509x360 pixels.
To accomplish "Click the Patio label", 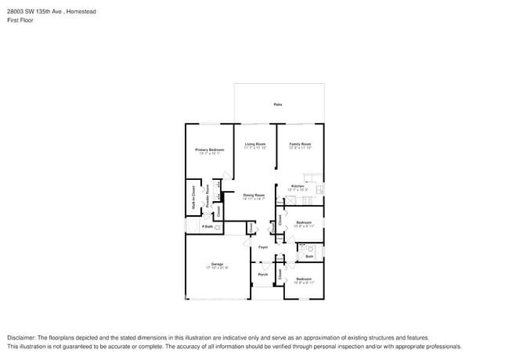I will click(277, 104).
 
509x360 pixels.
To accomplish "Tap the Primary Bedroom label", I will click(210, 149).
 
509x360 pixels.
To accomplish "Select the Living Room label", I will click(255, 144).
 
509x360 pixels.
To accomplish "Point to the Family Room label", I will click(301, 144).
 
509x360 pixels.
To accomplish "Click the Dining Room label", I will click(254, 195).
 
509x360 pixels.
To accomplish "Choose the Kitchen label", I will click(298, 185).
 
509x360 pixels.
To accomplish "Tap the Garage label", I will click(217, 264).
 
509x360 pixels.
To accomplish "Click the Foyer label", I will click(263, 247).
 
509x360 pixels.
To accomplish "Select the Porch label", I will click(263, 274).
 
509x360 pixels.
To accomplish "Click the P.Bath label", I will click(208, 227).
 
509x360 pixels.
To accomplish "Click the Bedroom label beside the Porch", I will click(304, 279).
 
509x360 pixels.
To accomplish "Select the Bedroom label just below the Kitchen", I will click(304, 222).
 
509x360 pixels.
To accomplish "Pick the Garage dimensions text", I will click(217, 268).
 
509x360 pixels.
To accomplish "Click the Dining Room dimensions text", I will click(254, 199).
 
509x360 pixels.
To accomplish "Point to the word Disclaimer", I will click(23, 337).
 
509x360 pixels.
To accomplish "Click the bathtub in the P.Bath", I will click(191, 226).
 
